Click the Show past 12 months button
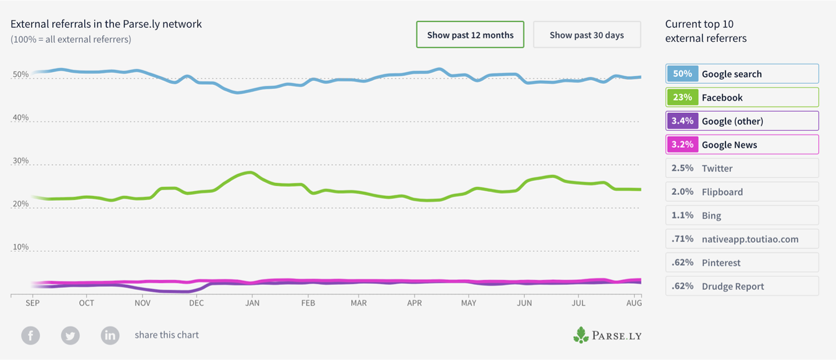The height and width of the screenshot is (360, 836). click(470, 35)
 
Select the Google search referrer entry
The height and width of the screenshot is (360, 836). click(742, 74)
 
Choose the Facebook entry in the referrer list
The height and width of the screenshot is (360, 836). click(742, 97)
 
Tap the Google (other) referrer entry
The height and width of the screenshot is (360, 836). click(742, 121)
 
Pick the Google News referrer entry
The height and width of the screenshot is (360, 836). click(742, 145)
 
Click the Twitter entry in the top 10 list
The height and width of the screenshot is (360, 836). click(742, 168)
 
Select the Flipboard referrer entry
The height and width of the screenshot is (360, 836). click(742, 192)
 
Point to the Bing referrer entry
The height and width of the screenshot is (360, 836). click(742, 215)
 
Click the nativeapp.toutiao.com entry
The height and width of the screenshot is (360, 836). click(742, 239)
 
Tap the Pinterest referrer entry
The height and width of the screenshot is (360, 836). click(742, 262)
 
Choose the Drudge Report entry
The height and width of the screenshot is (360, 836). click(742, 286)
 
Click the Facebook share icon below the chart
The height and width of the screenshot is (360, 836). click(31, 336)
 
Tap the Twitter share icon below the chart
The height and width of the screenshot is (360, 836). click(70, 336)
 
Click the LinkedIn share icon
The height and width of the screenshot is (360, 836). click(110, 336)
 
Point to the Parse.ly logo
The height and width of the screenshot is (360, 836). click(607, 335)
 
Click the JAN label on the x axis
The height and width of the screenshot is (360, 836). click(252, 303)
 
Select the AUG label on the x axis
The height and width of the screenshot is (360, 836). click(634, 303)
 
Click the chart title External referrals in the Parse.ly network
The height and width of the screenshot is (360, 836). click(106, 24)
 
